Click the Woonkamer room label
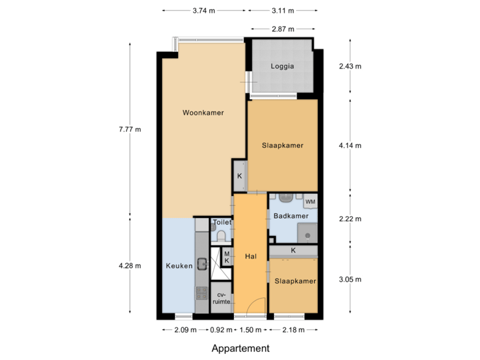[x=203, y=113]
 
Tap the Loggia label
[x=282, y=67]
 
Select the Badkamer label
[x=291, y=216]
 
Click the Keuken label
[x=179, y=265]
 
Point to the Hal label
[x=251, y=256]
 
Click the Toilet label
[x=221, y=223]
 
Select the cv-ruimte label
[x=221, y=298]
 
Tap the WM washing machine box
[x=310, y=201]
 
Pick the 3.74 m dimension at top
[x=203, y=11]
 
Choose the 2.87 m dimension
[x=283, y=29]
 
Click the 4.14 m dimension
[x=350, y=145]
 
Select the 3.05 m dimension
[x=350, y=279]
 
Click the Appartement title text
[x=240, y=348]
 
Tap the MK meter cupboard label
[x=227, y=257]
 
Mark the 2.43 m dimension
[x=350, y=67]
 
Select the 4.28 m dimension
[x=129, y=265]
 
